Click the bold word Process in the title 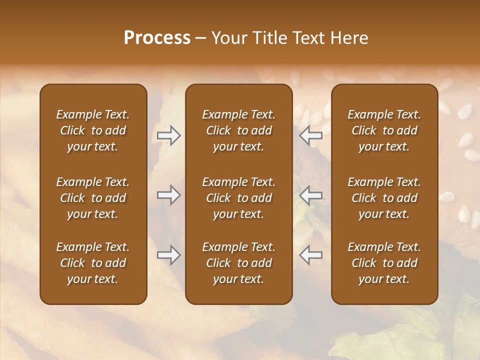pos(157,38)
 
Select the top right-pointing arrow pos(169,135)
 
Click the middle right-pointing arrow pos(169,195)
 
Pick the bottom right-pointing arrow pos(169,255)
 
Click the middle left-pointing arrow pos(311,195)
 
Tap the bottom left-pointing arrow pos(311,255)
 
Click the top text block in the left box pos(93,130)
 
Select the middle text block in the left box pos(93,198)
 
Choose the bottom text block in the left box pos(93,263)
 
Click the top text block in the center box pos(238,130)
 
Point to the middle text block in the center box pos(238,198)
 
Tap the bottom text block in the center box pos(238,263)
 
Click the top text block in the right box pos(384,130)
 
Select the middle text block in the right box pos(384,198)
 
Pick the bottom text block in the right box pos(384,263)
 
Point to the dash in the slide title pos(200,38)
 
